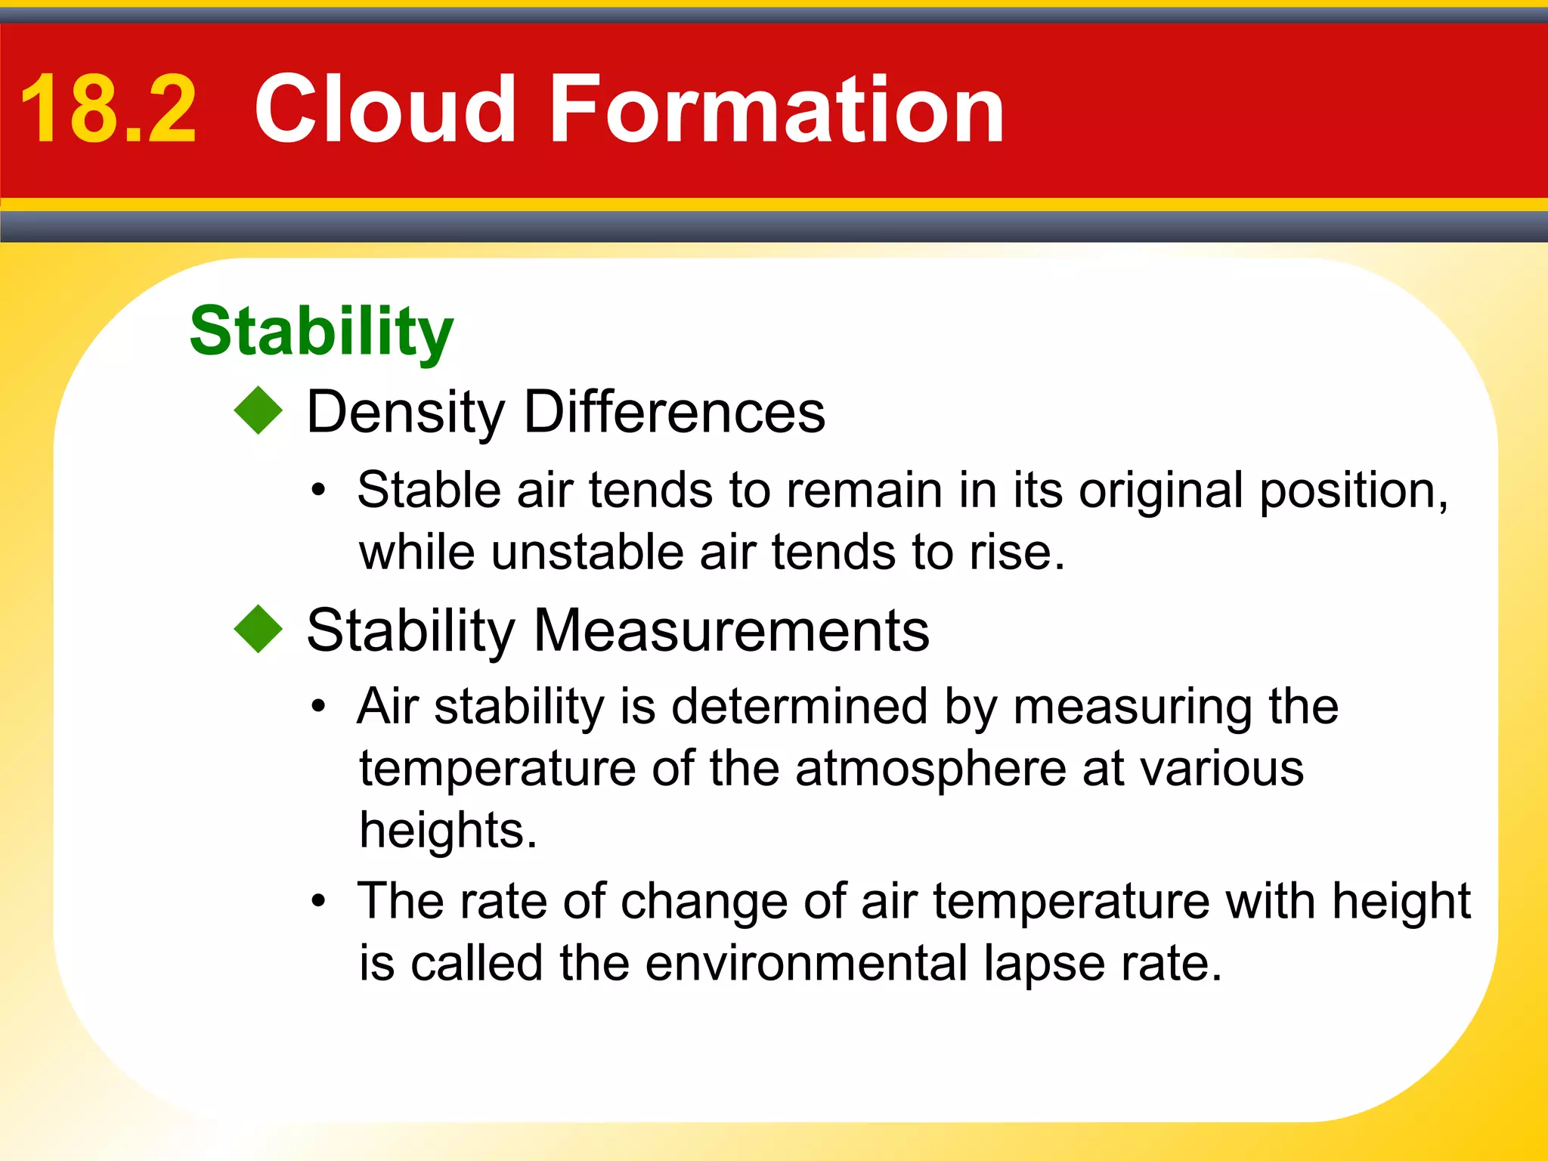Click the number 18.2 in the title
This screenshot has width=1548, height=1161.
pos(108,110)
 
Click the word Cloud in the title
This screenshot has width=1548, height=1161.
pos(385,110)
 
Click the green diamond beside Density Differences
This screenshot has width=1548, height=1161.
pos(259,410)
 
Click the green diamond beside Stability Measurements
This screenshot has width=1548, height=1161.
pos(259,629)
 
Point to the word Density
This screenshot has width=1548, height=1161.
pos(405,413)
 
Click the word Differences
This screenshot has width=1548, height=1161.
pos(674,413)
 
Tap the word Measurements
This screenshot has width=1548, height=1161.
pos(731,630)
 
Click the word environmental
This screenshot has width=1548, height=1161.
pos(807,964)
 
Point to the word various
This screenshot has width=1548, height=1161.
pos(1221,769)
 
